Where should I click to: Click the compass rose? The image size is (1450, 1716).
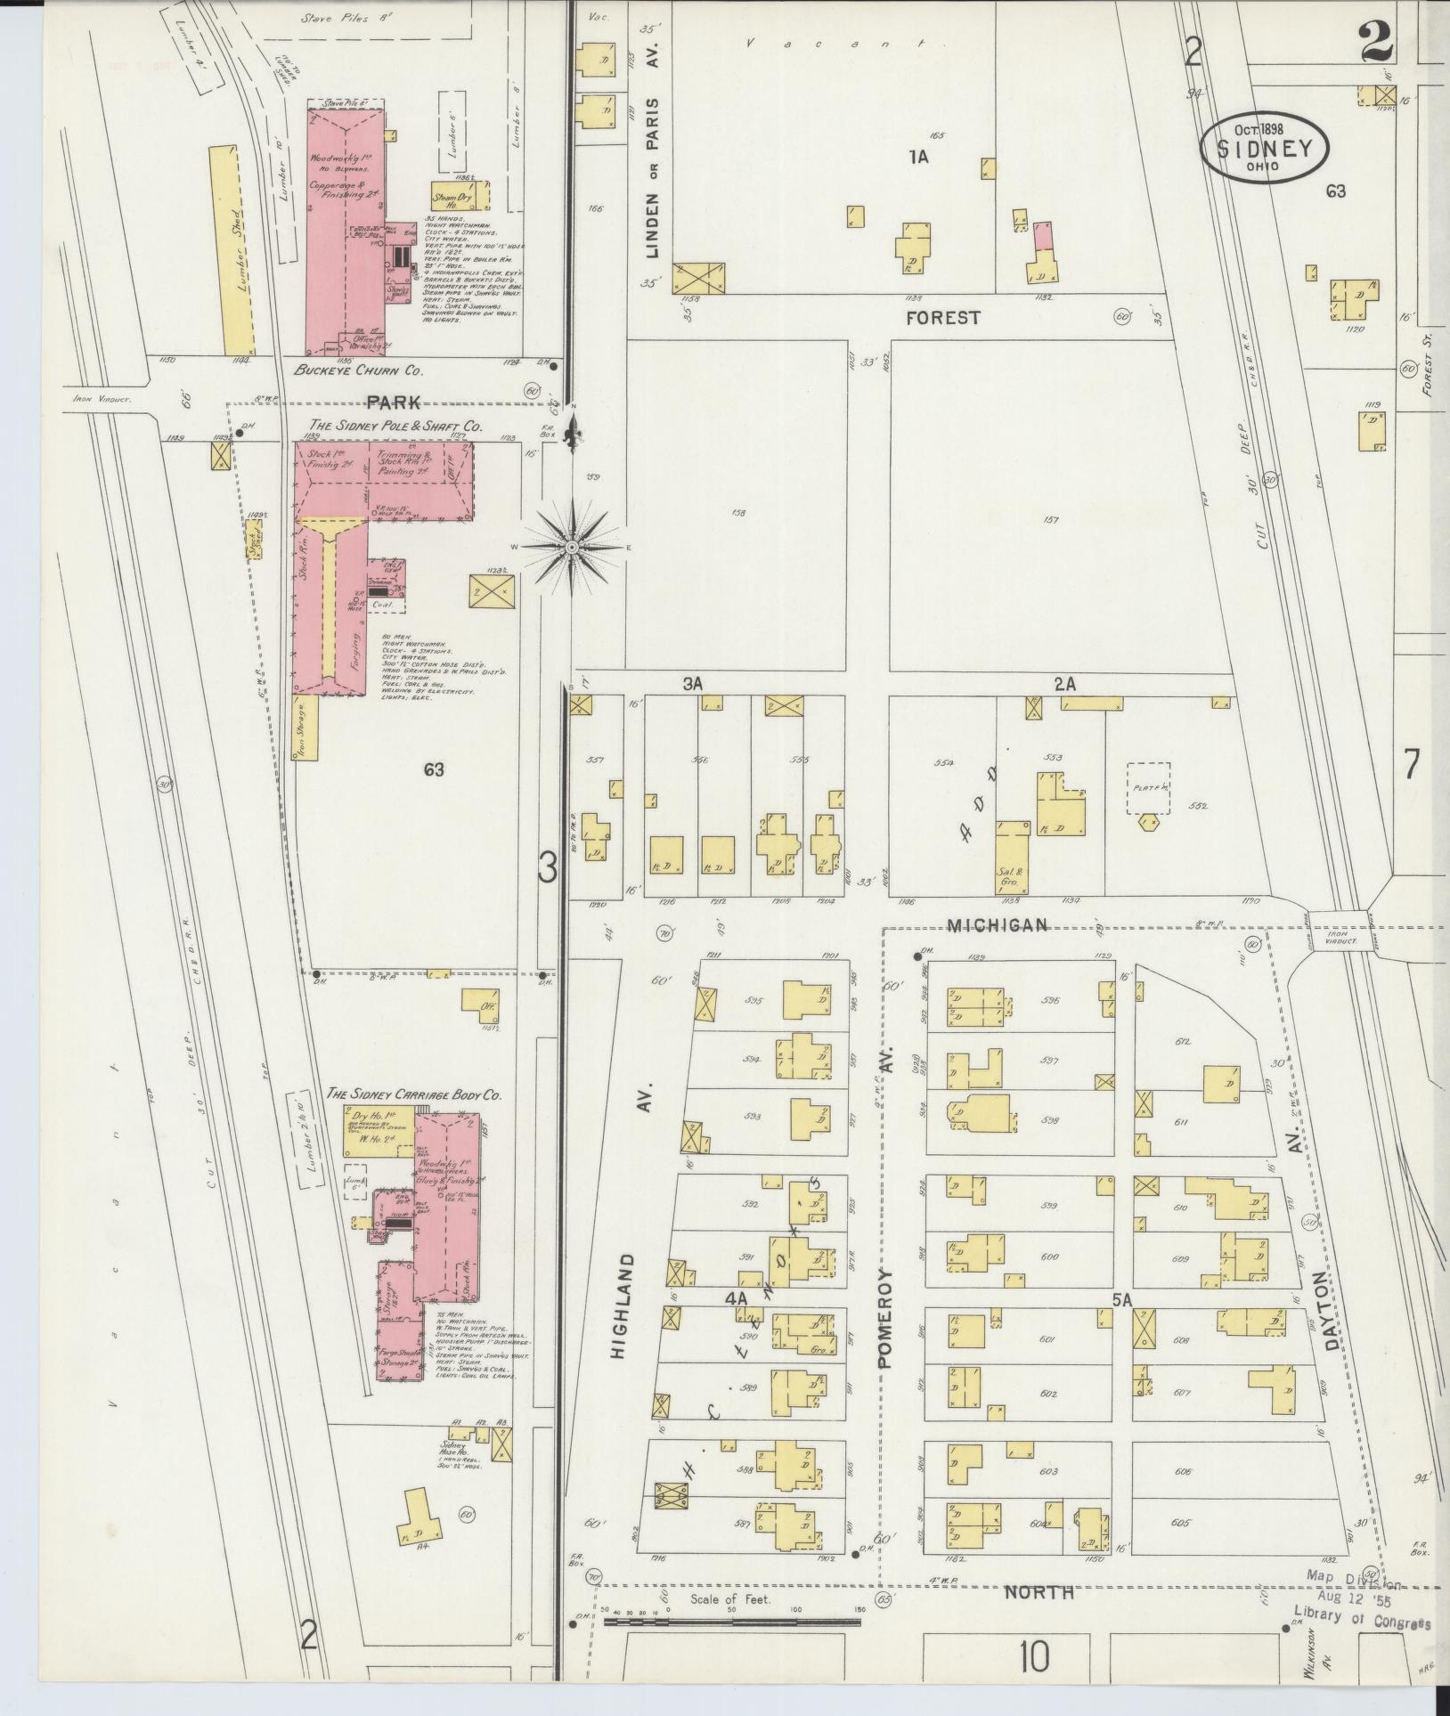(571, 545)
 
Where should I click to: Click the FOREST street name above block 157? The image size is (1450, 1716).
(942, 317)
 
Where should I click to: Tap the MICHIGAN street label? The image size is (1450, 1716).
(997, 925)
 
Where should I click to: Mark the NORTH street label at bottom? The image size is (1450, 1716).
(1039, 1592)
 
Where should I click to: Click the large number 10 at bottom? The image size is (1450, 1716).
(1035, 1657)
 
